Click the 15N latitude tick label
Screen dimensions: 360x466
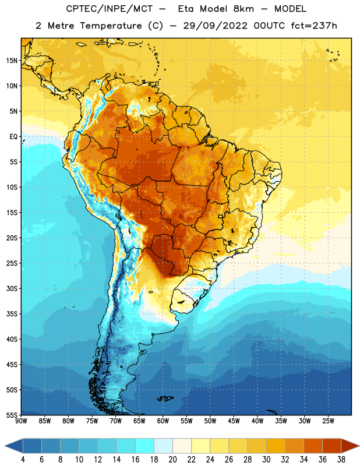click(x=12, y=61)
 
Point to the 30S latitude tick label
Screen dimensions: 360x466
click(x=12, y=288)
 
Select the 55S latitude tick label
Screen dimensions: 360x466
click(x=12, y=415)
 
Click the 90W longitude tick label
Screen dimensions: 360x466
click(x=21, y=421)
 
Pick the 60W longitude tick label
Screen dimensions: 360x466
click(x=163, y=421)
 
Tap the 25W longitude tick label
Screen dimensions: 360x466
click(x=328, y=421)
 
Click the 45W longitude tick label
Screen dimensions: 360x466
click(x=234, y=421)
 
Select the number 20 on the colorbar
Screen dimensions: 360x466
click(x=172, y=460)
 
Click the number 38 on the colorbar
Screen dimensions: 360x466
click(x=341, y=460)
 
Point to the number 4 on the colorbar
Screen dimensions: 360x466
click(x=23, y=460)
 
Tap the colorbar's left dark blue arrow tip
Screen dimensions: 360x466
click(x=5, y=446)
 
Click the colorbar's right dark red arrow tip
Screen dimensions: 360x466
click(x=359, y=446)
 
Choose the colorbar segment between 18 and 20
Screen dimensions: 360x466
click(x=163, y=446)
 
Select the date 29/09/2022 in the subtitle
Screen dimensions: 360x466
click(x=215, y=26)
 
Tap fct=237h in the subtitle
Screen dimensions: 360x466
click(x=314, y=26)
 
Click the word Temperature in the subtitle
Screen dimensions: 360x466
click(x=111, y=26)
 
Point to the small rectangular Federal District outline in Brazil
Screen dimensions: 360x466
click(x=221, y=216)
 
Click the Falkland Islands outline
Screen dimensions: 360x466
click(x=165, y=398)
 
